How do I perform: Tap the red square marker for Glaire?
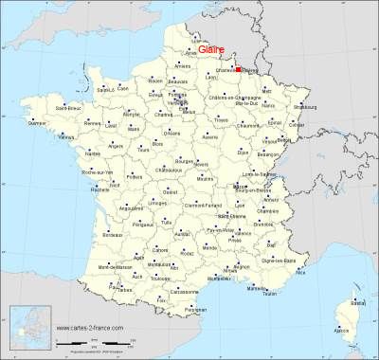pyautogui.click(x=239, y=68)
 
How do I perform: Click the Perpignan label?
pyautogui.click(x=195, y=309)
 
